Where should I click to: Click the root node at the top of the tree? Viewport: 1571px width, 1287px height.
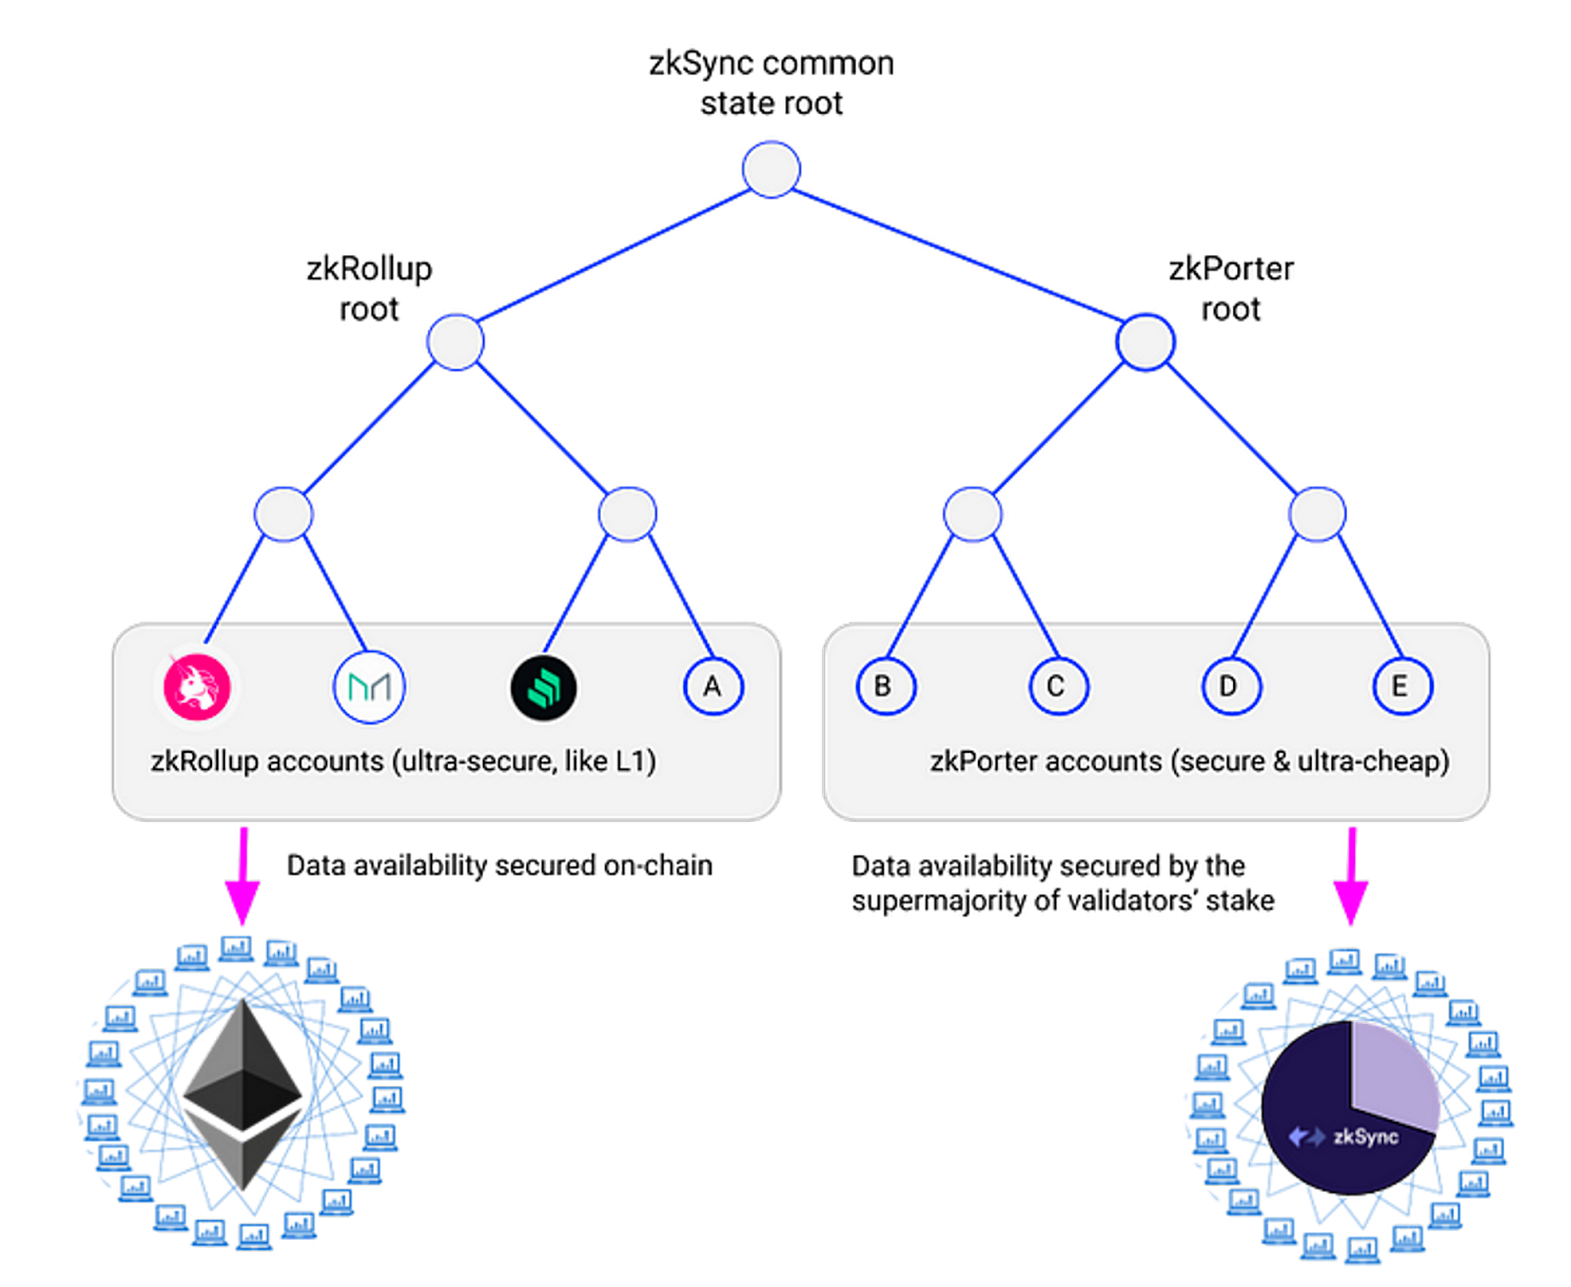pyautogui.click(x=771, y=169)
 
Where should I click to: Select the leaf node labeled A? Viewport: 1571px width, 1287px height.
pyautogui.click(x=713, y=685)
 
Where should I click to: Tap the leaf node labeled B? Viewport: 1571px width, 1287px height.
pyautogui.click(x=885, y=685)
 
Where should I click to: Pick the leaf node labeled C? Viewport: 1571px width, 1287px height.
pyautogui.click(x=1057, y=685)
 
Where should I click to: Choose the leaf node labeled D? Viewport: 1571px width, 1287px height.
pyautogui.click(x=1229, y=685)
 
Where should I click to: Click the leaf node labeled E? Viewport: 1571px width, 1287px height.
pyautogui.click(x=1401, y=685)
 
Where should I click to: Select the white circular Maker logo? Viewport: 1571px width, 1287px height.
pyautogui.click(x=369, y=685)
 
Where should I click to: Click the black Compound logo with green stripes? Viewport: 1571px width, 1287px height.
pyautogui.click(x=543, y=687)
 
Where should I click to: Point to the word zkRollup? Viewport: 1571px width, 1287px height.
pyautogui.click(x=203, y=762)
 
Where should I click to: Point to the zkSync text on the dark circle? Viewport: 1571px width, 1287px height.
pyautogui.click(x=1365, y=1137)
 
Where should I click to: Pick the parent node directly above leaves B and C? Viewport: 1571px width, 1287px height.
pyautogui.click(x=972, y=513)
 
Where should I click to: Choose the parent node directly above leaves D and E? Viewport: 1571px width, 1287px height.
pyautogui.click(x=1316, y=513)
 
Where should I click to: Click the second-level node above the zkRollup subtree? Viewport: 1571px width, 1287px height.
pyautogui.click(x=456, y=341)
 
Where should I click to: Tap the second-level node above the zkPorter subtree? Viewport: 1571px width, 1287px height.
pyautogui.click(x=1145, y=341)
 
